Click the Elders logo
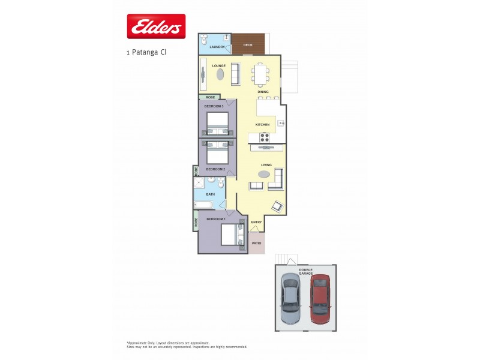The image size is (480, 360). coord(156,26)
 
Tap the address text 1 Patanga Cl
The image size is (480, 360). coord(146,52)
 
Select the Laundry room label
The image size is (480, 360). coord(217,47)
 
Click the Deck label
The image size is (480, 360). coord(247,45)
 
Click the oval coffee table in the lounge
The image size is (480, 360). coord(220,75)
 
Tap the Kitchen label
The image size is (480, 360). coord(262,124)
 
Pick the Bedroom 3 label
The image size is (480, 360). coord(214,106)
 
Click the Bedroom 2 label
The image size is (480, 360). coord(215,169)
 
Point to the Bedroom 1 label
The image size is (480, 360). coord(216,219)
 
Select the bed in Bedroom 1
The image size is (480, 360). coord(232,234)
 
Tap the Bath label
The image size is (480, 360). coord(211,194)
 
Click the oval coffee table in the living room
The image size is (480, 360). coord(265,174)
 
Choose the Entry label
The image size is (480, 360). coord(256,222)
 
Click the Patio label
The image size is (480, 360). coord(256,243)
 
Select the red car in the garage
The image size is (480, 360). coord(320,297)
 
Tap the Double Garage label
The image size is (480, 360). coord(306,271)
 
